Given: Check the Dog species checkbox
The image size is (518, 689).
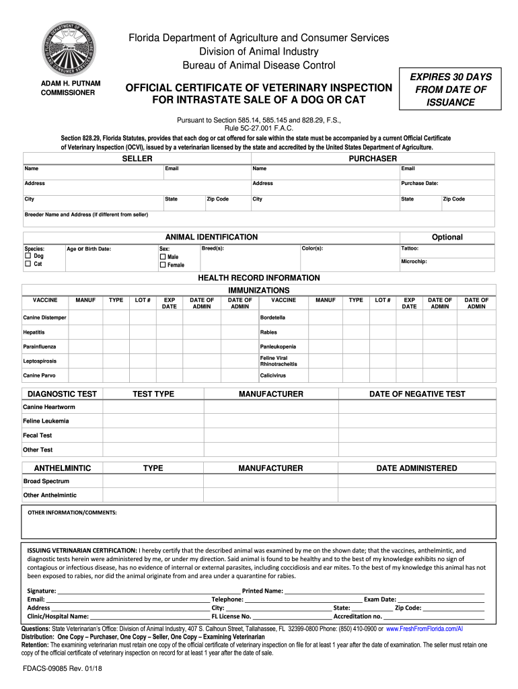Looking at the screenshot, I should (x=28, y=256).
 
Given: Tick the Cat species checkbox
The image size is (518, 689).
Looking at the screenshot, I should (x=28, y=264).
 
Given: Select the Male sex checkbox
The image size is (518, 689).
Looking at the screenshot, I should (x=163, y=256).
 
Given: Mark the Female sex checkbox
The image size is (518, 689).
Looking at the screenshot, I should (x=163, y=265).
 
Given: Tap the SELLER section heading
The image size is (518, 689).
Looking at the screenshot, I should (x=137, y=158).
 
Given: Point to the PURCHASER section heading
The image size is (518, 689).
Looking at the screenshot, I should (x=372, y=158).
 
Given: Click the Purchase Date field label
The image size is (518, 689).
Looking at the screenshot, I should (x=420, y=183).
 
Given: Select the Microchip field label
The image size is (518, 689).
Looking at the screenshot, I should (x=414, y=261).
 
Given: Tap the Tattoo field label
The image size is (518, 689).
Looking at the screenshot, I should (x=410, y=248).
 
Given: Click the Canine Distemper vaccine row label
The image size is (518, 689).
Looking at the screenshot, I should (x=44, y=318).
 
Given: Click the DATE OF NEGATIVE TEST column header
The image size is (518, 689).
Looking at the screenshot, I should (x=417, y=394).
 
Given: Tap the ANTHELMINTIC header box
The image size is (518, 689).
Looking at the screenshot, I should (x=58, y=468).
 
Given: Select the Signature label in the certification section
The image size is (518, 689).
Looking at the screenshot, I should (x=41, y=591).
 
